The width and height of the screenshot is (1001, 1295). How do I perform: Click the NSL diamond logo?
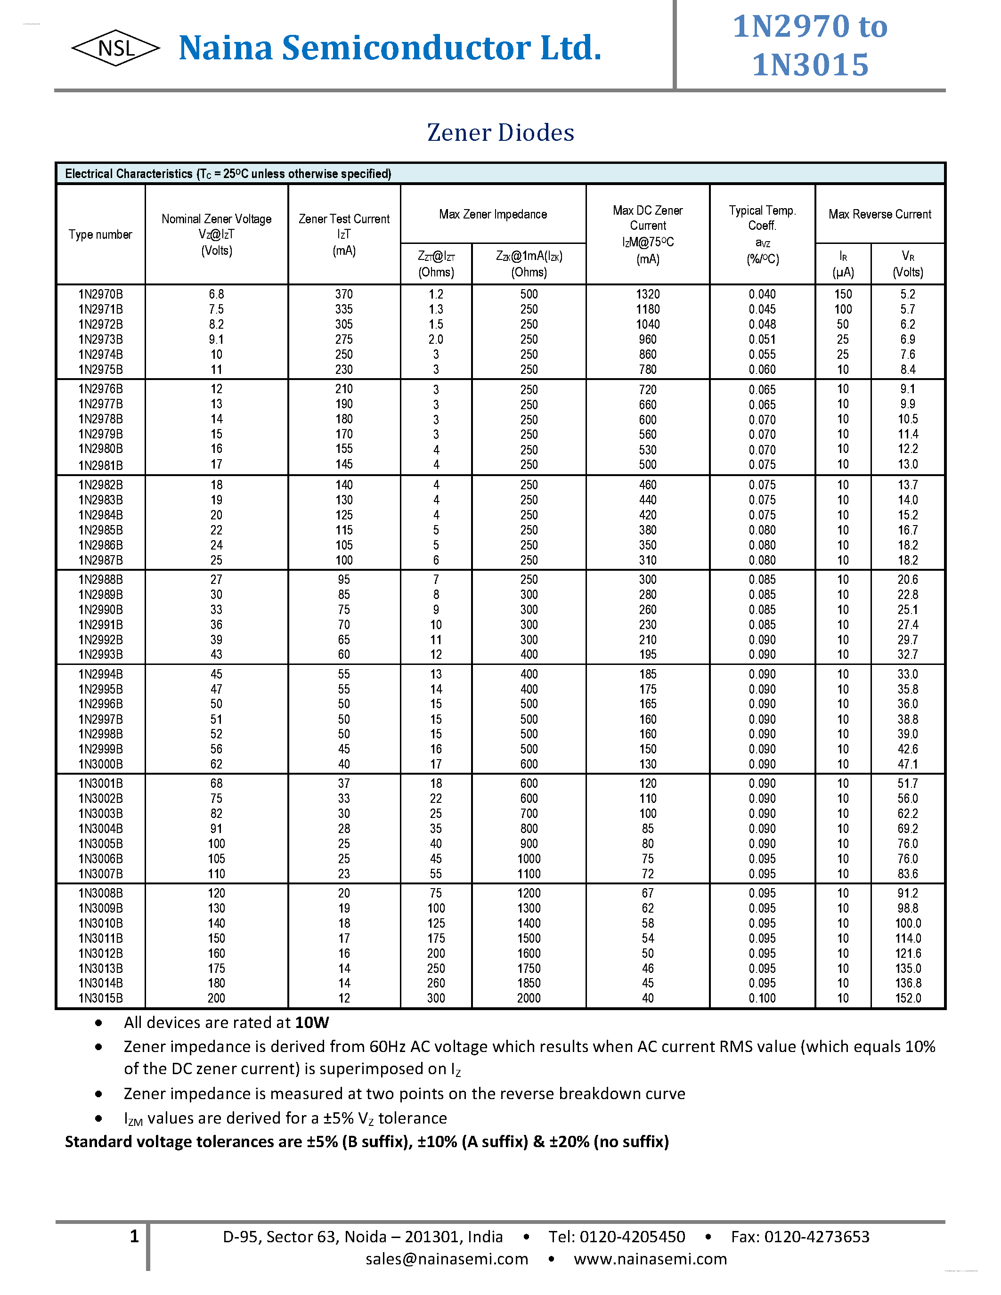tap(115, 48)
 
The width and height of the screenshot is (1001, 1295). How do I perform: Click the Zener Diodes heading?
tap(500, 132)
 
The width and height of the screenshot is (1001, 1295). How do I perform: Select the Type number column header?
tap(100, 234)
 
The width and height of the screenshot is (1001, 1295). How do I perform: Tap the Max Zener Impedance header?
tap(493, 214)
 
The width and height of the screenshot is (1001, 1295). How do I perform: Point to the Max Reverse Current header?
tap(879, 214)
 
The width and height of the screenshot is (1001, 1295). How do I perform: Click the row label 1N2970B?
tap(101, 294)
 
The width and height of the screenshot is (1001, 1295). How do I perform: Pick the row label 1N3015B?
tap(101, 998)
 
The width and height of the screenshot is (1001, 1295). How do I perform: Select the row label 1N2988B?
tap(101, 579)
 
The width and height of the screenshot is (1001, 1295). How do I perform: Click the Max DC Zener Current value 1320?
tap(648, 294)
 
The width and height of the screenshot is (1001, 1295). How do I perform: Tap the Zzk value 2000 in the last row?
tap(529, 998)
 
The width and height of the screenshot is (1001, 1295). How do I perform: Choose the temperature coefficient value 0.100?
tap(762, 998)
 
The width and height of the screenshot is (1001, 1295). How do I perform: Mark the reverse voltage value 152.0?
tap(908, 998)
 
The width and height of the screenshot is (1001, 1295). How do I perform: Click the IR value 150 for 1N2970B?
tap(843, 294)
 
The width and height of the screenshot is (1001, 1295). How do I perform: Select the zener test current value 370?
tap(344, 294)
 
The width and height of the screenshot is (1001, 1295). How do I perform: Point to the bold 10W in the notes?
tap(312, 1022)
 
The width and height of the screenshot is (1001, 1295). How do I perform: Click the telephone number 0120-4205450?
tap(632, 1236)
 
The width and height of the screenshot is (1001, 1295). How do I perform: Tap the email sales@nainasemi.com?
tap(447, 1259)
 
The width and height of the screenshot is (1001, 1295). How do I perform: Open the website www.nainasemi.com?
tap(650, 1259)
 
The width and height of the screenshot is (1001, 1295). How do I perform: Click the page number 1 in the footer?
tap(134, 1236)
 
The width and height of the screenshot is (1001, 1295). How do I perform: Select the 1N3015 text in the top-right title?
tap(810, 65)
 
